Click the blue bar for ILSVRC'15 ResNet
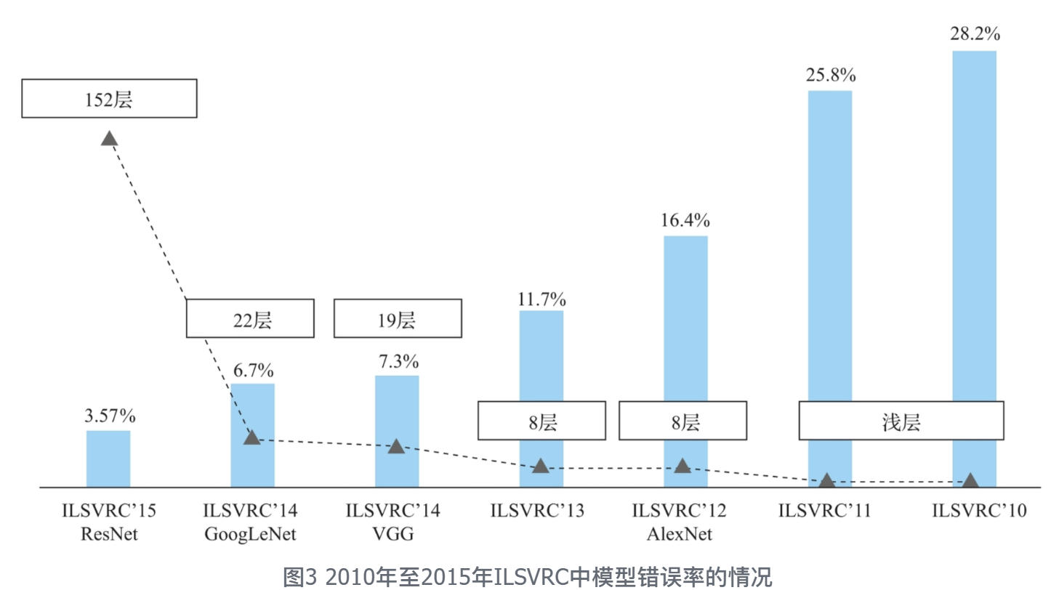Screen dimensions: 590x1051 coord(108,458)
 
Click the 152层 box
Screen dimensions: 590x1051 coord(109,98)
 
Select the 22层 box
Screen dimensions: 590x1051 coord(251,318)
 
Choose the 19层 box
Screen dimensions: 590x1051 coord(398,318)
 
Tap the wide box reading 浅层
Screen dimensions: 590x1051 coord(901,421)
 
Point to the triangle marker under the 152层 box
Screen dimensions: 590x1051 coord(109,138)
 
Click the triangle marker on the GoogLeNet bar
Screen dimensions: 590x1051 coord(251,437)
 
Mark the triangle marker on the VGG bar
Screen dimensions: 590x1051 coord(396,446)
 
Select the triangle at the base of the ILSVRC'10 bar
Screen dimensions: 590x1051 coord(970,480)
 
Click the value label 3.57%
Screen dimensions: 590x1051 coord(108,417)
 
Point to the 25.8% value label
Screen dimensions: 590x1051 coord(830,76)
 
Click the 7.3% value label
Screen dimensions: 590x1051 coord(397,361)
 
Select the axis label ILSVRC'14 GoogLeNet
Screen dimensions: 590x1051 coord(251,522)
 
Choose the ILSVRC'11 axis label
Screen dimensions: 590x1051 coord(824,511)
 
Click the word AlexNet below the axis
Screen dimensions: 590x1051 coord(680,535)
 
